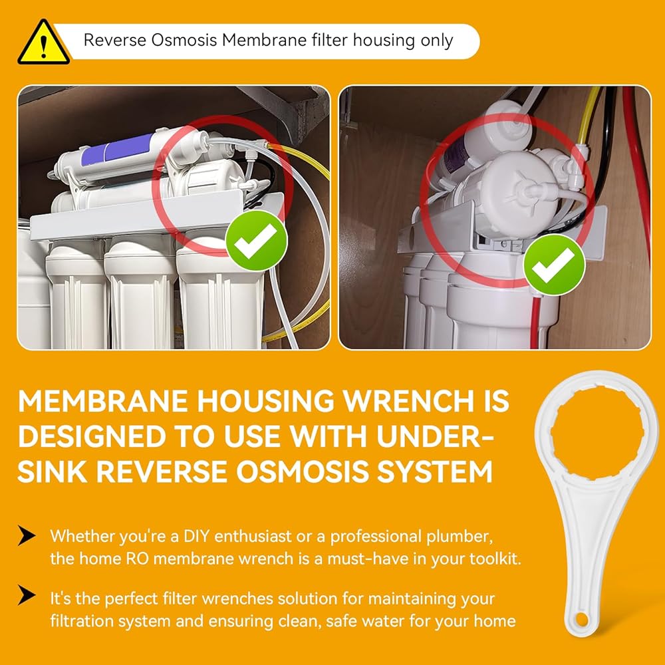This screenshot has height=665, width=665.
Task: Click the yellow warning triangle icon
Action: coord(44,43)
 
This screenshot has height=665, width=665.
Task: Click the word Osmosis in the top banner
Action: coord(184,41)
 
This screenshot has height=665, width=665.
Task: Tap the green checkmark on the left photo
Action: coord(257,241)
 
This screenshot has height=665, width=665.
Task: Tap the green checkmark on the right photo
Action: coord(555,265)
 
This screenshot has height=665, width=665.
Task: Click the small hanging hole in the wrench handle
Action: coord(582,620)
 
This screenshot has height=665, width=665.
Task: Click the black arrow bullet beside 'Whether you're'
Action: coord(27,535)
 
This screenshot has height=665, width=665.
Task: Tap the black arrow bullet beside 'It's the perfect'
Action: coord(27,595)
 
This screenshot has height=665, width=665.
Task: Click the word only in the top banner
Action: coord(437,41)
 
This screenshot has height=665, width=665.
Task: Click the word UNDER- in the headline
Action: coord(435,436)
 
